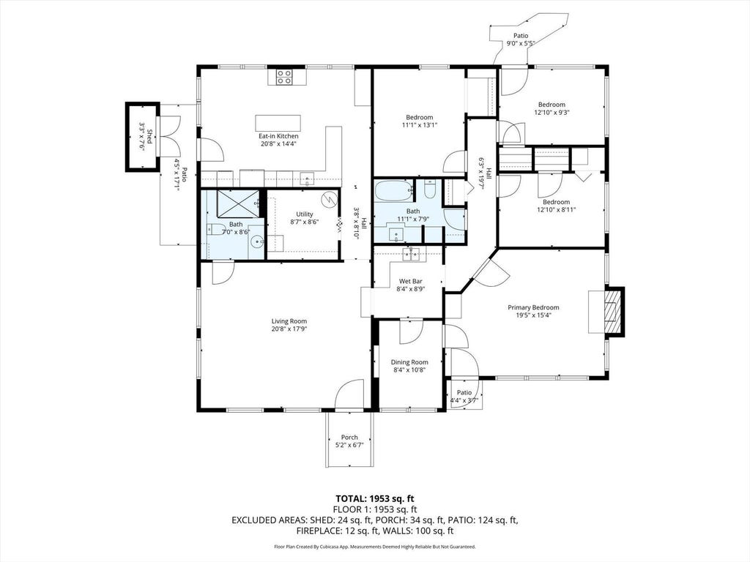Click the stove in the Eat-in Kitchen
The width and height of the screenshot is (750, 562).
284,77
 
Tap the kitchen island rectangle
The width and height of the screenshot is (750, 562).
278,122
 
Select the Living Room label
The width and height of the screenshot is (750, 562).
289,321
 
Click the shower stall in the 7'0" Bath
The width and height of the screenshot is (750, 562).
238,203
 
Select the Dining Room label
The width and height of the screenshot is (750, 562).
409,362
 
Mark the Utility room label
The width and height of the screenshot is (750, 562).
304,214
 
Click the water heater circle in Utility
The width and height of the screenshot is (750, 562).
329,198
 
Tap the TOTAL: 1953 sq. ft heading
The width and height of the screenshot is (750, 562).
374,499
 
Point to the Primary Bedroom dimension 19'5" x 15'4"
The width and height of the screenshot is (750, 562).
533,315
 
